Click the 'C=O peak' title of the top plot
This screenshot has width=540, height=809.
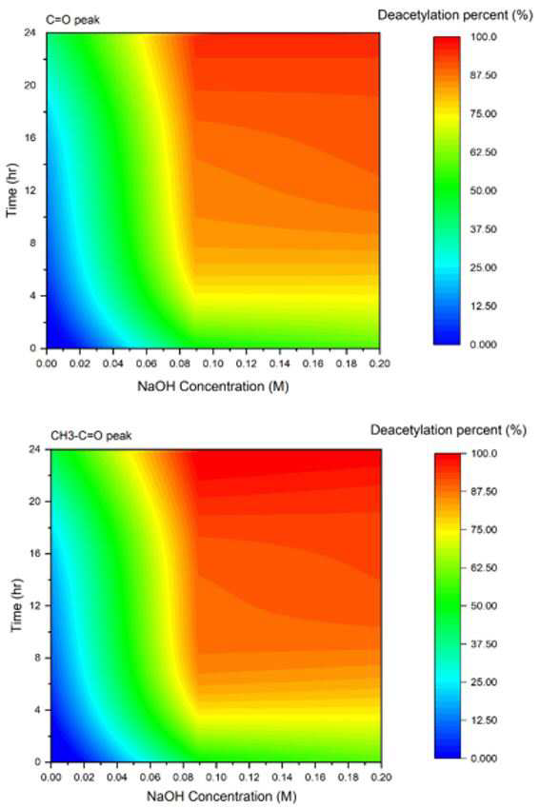(x=72, y=21)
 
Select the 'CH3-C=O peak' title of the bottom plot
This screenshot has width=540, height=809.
(x=91, y=436)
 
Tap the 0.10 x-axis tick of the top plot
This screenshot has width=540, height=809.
(x=213, y=364)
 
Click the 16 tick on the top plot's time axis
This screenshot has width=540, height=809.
(x=30, y=138)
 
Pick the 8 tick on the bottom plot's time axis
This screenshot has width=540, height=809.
(x=38, y=658)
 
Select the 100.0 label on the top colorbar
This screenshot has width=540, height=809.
(x=484, y=37)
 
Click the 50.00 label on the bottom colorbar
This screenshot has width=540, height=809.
(x=484, y=606)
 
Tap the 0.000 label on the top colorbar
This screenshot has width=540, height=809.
(x=484, y=345)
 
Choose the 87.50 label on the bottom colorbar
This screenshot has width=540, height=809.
(x=484, y=492)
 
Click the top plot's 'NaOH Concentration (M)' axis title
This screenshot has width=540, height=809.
(x=213, y=386)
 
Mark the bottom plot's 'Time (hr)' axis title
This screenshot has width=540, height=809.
(x=17, y=605)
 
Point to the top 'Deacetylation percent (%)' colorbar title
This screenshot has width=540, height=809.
(x=455, y=15)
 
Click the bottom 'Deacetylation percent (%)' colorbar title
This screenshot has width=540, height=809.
(x=449, y=430)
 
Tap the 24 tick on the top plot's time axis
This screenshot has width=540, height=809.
(x=30, y=32)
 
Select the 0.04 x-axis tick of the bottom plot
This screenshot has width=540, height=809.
(x=117, y=778)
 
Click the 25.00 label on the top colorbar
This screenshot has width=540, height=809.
(x=484, y=267)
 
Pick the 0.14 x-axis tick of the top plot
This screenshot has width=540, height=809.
(x=280, y=364)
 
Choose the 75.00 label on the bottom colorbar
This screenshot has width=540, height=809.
(x=484, y=530)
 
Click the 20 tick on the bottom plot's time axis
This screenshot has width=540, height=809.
(x=35, y=502)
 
